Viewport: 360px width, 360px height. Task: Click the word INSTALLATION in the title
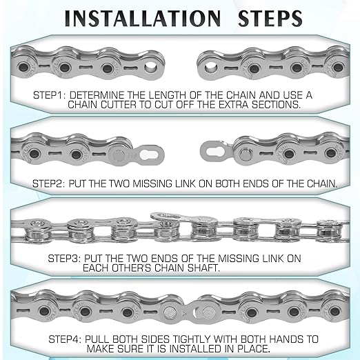pos(142,18)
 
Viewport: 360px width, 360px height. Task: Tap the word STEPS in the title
pos(270,18)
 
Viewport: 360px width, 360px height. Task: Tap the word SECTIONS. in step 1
pos(276,105)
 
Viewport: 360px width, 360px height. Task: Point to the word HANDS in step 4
pos(286,339)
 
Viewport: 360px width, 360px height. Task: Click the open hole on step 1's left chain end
pos(151,68)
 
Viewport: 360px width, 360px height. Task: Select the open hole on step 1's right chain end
pos(210,68)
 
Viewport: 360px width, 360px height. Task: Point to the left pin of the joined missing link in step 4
pos(170,312)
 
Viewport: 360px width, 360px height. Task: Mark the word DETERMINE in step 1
pos(97,95)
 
